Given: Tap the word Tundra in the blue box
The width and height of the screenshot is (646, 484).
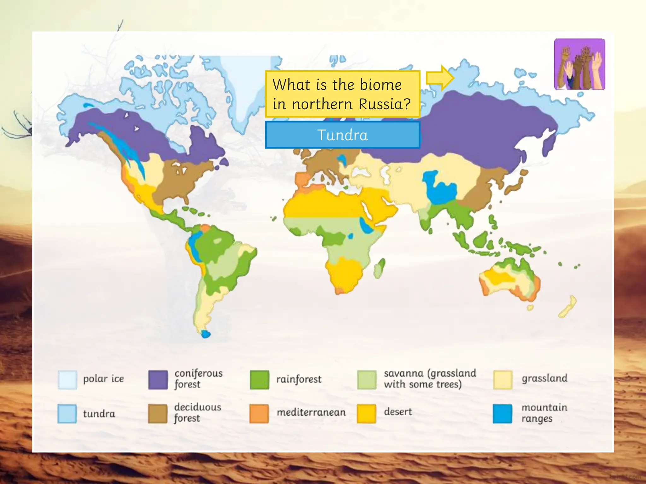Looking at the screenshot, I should click(343, 135).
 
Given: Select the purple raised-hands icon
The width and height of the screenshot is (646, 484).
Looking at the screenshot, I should click(579, 64).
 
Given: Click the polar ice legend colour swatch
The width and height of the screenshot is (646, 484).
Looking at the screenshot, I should click(67, 380).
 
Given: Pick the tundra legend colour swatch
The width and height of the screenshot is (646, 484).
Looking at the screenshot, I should click(67, 413).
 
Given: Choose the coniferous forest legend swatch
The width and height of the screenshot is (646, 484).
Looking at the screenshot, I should click(158, 380).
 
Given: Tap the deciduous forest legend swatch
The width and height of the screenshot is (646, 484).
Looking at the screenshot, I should click(158, 413).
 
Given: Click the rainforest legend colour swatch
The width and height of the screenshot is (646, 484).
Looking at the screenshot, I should click(259, 380).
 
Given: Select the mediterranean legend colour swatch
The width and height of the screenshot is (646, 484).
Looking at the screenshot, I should click(259, 413).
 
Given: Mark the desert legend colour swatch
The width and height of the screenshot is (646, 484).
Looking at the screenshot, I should click(367, 413).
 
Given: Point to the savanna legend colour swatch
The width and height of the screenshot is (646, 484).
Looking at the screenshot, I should click(367, 380).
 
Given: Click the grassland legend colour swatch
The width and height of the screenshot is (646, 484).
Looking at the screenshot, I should click(502, 380).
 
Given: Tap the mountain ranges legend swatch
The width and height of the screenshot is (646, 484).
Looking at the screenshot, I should click(502, 413).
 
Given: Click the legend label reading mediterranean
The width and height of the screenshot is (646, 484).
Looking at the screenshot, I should click(311, 412).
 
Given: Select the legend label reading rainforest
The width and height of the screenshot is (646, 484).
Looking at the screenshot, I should click(299, 379).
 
